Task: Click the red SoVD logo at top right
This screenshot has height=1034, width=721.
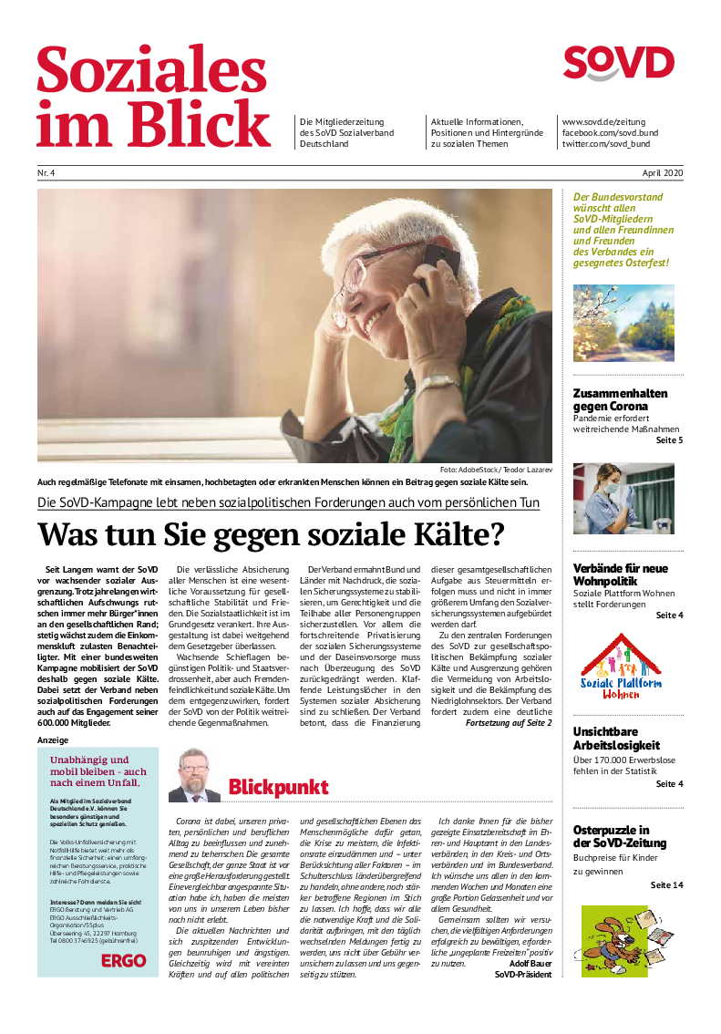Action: [618, 64]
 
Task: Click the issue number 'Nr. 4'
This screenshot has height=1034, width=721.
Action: [46, 173]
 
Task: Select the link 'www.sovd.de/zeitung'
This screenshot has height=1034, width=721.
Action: [603, 122]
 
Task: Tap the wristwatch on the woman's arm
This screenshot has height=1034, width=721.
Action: [439, 384]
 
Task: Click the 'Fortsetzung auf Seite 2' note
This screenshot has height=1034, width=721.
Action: [509, 723]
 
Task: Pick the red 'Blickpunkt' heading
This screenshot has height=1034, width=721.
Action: [278, 786]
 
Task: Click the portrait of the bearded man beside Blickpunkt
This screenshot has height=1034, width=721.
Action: [194, 775]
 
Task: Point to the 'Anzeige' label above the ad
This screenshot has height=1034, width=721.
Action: [52, 740]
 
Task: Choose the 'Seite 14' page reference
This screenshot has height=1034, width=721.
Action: [666, 885]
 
